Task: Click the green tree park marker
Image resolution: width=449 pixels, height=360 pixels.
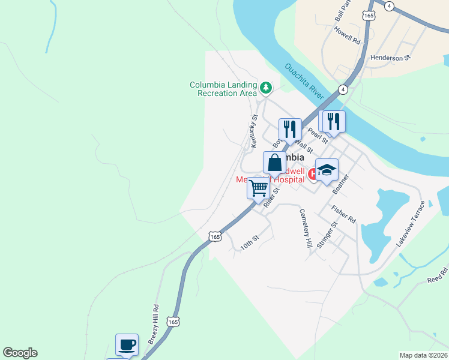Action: (x=265, y=89)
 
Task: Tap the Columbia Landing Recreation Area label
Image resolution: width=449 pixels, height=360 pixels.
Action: (x=223, y=89)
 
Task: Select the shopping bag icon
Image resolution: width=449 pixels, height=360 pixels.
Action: (x=274, y=163)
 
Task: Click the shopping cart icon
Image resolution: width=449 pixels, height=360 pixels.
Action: (x=259, y=188)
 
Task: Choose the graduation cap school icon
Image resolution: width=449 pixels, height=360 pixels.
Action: (x=327, y=170)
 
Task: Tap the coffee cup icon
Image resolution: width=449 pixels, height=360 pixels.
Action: (x=127, y=345)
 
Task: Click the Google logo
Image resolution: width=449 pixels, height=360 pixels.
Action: (x=20, y=353)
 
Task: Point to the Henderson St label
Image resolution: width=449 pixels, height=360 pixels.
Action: (x=390, y=58)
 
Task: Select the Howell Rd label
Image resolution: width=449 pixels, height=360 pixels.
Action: (x=347, y=37)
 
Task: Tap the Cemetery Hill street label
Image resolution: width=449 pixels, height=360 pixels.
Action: (x=306, y=229)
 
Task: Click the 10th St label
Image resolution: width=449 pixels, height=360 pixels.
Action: (x=249, y=242)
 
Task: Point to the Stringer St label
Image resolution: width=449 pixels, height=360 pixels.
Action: (x=328, y=234)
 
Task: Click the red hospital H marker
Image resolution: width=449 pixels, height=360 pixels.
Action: (x=312, y=174)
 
